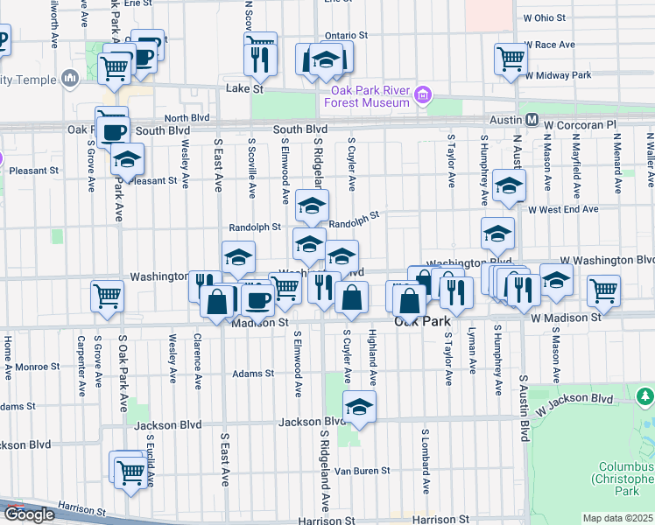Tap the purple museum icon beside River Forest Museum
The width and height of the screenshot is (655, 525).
coord(423,94)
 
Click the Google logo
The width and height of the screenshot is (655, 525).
coord(29,514)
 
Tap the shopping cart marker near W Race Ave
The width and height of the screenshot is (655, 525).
coord(511,59)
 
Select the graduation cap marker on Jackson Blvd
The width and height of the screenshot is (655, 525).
coord(359,407)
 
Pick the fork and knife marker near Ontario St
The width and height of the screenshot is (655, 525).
coord(260,57)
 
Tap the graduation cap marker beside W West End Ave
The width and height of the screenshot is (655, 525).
coord(509,185)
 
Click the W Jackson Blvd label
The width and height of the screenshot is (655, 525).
coord(575,404)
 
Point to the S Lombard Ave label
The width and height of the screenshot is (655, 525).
coord(426,459)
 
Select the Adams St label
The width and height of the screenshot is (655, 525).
coord(253,374)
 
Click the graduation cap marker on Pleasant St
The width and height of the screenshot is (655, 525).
coord(128,159)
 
